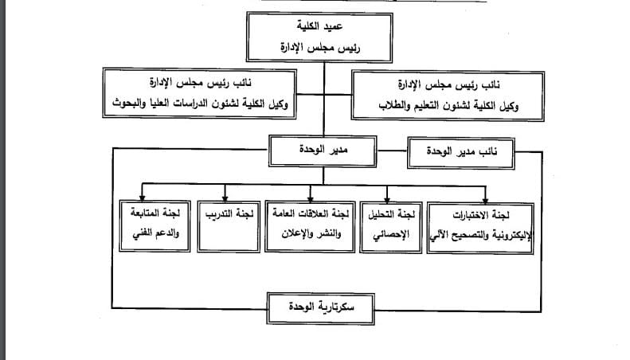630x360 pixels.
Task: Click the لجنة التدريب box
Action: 225,222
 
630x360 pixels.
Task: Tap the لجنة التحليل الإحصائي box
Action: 388,222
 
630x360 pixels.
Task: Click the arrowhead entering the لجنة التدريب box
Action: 225,196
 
